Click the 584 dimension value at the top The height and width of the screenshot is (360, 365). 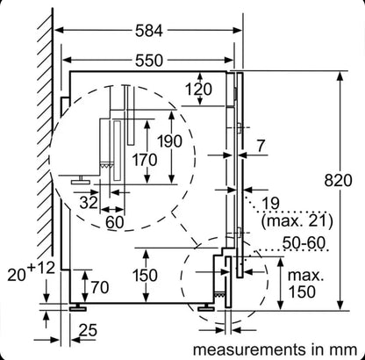pyautogui.click(x=148, y=31)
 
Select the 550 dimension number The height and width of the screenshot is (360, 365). pyautogui.click(x=148, y=61)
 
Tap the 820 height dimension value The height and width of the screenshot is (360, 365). pyautogui.click(x=338, y=180)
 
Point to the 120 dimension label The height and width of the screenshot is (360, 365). pyautogui.click(x=198, y=90)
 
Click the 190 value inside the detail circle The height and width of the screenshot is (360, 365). pyautogui.click(x=169, y=141)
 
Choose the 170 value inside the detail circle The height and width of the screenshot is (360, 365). pyautogui.click(x=145, y=160)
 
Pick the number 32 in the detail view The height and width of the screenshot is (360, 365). pyautogui.click(x=88, y=202)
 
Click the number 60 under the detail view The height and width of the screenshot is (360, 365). pyautogui.click(x=115, y=222)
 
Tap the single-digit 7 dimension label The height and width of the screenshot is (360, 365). pyautogui.click(x=261, y=146)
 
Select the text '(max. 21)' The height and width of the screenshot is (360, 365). pyautogui.click(x=297, y=221)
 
